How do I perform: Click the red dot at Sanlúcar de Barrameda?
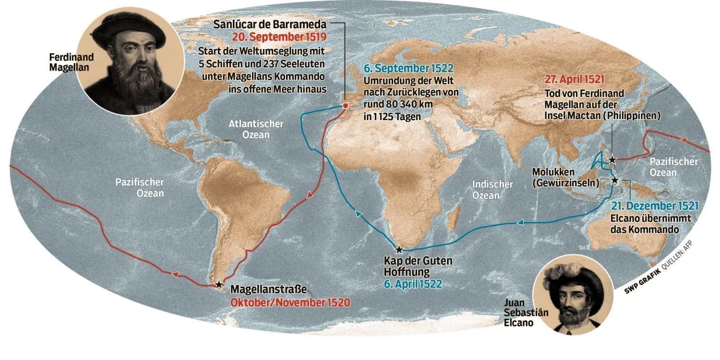(345, 106)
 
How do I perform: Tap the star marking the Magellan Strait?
(219, 284)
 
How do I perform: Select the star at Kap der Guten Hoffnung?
(398, 249)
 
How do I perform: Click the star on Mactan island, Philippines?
(612, 160)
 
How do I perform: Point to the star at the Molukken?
(615, 180)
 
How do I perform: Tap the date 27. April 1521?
(575, 80)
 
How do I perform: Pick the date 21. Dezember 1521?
(655, 206)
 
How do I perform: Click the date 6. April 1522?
(413, 284)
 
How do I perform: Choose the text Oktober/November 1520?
(290, 303)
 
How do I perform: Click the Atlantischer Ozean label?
(256, 129)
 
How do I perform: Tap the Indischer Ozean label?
(492, 190)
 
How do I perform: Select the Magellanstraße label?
(268, 290)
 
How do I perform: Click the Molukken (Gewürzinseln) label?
(565, 177)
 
